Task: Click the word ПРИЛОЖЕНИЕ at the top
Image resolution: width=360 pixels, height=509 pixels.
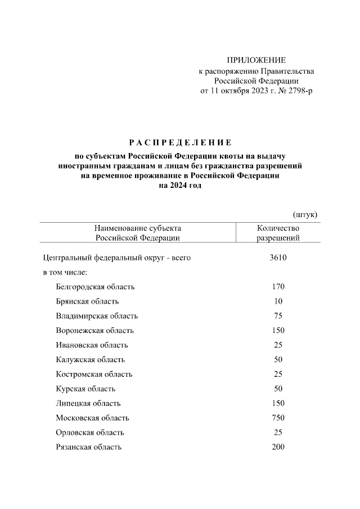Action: (256, 60)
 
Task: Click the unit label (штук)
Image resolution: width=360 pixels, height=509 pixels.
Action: (306, 214)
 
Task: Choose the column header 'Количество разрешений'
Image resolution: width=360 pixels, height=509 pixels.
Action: (278, 233)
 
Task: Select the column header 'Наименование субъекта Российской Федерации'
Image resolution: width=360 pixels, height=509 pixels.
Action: (138, 233)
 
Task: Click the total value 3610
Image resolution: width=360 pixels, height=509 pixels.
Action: (278, 258)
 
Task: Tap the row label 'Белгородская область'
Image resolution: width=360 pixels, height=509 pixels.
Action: (95, 287)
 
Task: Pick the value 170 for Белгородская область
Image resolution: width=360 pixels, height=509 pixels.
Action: (278, 287)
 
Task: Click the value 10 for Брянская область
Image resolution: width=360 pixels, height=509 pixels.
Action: (278, 301)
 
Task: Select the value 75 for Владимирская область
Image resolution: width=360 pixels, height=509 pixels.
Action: (278, 316)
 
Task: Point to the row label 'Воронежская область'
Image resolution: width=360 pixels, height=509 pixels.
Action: (94, 331)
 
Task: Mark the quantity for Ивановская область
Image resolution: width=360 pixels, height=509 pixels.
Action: (278, 345)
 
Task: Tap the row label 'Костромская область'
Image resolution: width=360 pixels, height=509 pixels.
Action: (94, 375)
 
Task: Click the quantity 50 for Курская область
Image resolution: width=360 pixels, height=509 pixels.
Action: (278, 389)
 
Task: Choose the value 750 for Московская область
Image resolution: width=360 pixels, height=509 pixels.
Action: (278, 418)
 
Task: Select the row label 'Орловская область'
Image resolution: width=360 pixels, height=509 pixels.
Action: (90, 433)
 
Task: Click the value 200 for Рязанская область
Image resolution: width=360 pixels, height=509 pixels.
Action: (278, 448)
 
